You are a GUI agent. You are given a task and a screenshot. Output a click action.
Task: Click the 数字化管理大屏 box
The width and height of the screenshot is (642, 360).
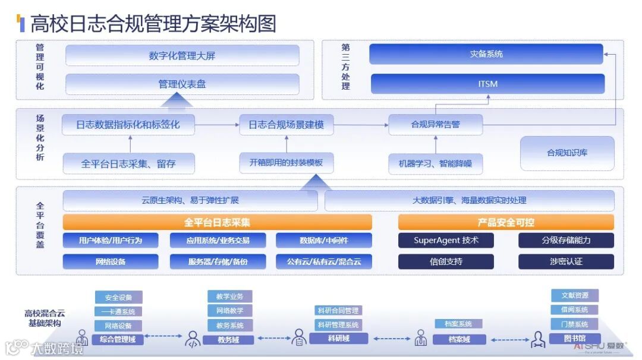182,56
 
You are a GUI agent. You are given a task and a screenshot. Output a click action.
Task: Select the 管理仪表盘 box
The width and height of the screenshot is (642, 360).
182,84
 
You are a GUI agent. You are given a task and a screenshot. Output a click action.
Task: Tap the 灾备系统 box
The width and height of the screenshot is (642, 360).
486,54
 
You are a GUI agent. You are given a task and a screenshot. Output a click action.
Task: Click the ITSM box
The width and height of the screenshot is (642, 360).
487,84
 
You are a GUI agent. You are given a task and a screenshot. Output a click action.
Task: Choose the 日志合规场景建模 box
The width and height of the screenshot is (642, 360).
287,125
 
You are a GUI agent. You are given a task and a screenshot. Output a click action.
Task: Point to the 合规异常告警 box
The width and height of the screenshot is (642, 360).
435,125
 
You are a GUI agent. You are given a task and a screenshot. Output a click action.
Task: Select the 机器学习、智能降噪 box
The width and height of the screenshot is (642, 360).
435,163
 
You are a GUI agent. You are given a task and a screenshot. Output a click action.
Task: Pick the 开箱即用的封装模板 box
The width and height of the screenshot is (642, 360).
287,163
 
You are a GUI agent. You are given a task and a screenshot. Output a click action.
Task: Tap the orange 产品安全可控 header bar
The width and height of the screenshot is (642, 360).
506,223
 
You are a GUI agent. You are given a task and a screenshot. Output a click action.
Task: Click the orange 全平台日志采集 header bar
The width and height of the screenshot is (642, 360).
217,223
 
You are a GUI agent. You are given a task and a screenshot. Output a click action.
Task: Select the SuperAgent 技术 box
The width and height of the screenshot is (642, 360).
446,241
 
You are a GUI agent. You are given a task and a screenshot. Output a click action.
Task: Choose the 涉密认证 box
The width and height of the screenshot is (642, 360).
566,261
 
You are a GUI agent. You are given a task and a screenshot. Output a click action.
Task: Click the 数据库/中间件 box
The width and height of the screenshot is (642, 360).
324,241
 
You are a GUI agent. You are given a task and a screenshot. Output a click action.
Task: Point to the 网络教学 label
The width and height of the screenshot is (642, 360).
229,311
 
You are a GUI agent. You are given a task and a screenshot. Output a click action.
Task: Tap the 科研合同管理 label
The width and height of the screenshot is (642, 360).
338,310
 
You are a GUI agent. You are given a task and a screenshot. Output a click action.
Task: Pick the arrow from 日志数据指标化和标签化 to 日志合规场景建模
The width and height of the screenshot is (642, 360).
218,125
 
